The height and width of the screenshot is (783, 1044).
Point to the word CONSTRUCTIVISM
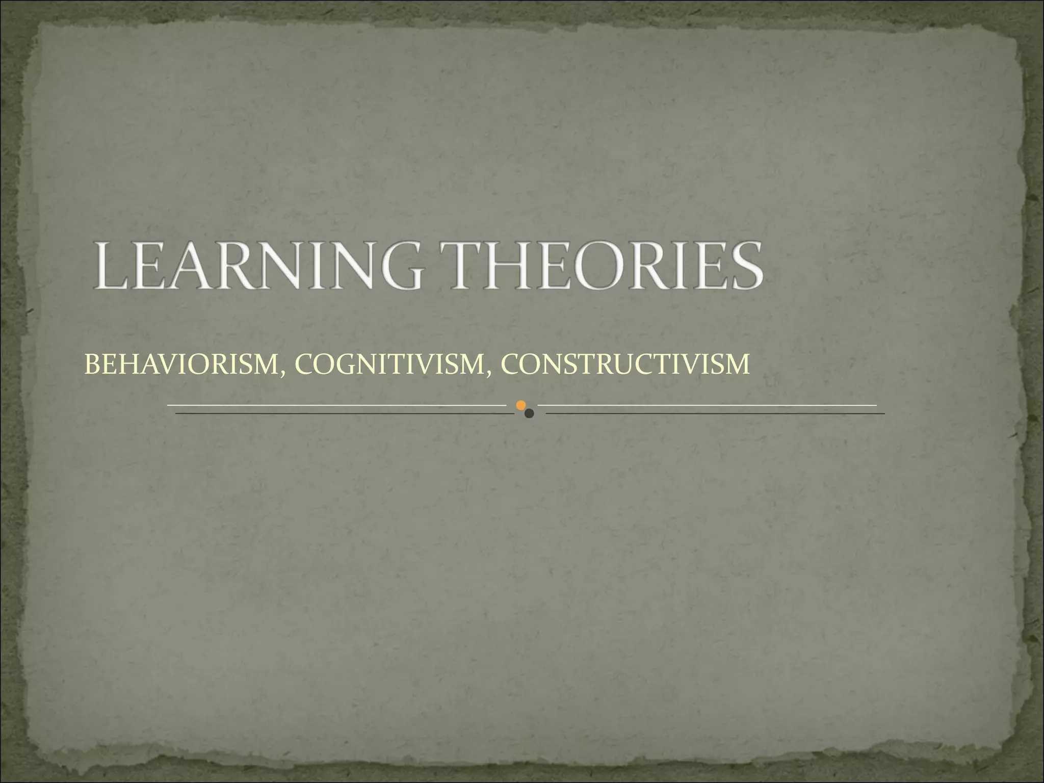pyautogui.click(x=625, y=364)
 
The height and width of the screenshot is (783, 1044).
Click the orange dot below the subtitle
pyautogui.click(x=520, y=405)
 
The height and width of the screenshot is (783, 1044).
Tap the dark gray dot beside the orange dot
pyautogui.click(x=529, y=413)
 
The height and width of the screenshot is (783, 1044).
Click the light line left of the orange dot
pyautogui.click(x=336, y=405)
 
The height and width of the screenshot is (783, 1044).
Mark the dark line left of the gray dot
pyautogui.click(x=344, y=413)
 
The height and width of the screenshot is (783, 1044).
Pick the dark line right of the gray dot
pyautogui.click(x=714, y=413)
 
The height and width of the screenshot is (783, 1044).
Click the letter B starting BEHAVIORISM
pyautogui.click(x=92, y=364)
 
